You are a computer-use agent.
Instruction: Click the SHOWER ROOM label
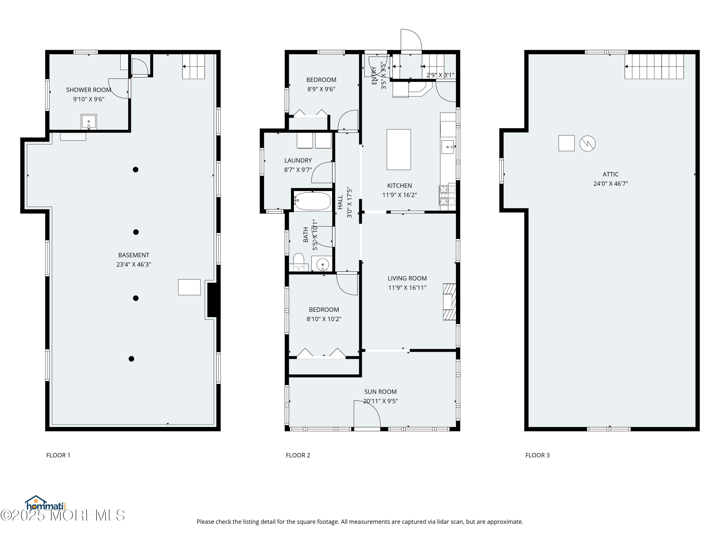click(x=89, y=90)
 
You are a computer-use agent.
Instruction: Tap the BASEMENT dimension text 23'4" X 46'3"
click(x=134, y=264)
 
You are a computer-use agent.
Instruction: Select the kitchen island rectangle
click(x=398, y=150)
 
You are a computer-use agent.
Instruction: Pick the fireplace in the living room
click(x=449, y=302)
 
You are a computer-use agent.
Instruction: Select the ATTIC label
click(x=611, y=174)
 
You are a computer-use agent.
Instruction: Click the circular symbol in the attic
click(x=588, y=143)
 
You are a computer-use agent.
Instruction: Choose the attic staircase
click(x=654, y=66)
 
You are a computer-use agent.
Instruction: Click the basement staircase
click(x=193, y=66)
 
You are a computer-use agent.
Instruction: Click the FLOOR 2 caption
click(x=298, y=455)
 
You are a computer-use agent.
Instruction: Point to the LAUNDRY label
click(x=298, y=161)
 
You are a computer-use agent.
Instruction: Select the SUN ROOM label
click(x=380, y=392)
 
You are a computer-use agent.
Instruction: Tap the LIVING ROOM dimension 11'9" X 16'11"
click(x=407, y=288)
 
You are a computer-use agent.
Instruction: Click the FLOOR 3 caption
click(x=537, y=455)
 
